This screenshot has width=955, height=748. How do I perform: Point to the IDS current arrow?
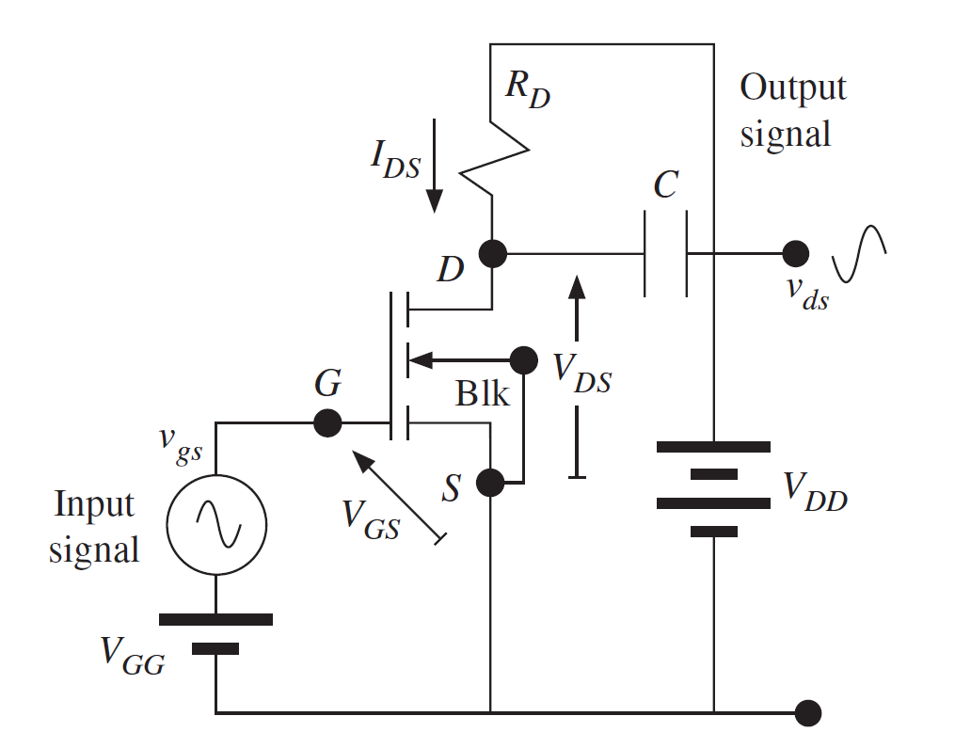click(x=434, y=165)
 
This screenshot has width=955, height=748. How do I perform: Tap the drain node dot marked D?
click(x=492, y=253)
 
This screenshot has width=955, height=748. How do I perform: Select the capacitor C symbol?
click(x=666, y=254)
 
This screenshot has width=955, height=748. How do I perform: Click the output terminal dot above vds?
click(x=796, y=253)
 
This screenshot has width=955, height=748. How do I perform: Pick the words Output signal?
click(x=792, y=110)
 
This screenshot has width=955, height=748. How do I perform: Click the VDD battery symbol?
click(x=713, y=488)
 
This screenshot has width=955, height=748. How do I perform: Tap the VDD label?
click(x=815, y=490)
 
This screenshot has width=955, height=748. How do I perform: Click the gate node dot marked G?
click(x=326, y=422)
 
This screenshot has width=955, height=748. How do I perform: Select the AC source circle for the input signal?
click(x=215, y=523)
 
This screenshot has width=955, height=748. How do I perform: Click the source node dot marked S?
click(x=490, y=483)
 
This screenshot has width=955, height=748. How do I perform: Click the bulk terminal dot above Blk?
click(x=522, y=358)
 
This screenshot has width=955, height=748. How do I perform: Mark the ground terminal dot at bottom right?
click(x=807, y=712)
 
